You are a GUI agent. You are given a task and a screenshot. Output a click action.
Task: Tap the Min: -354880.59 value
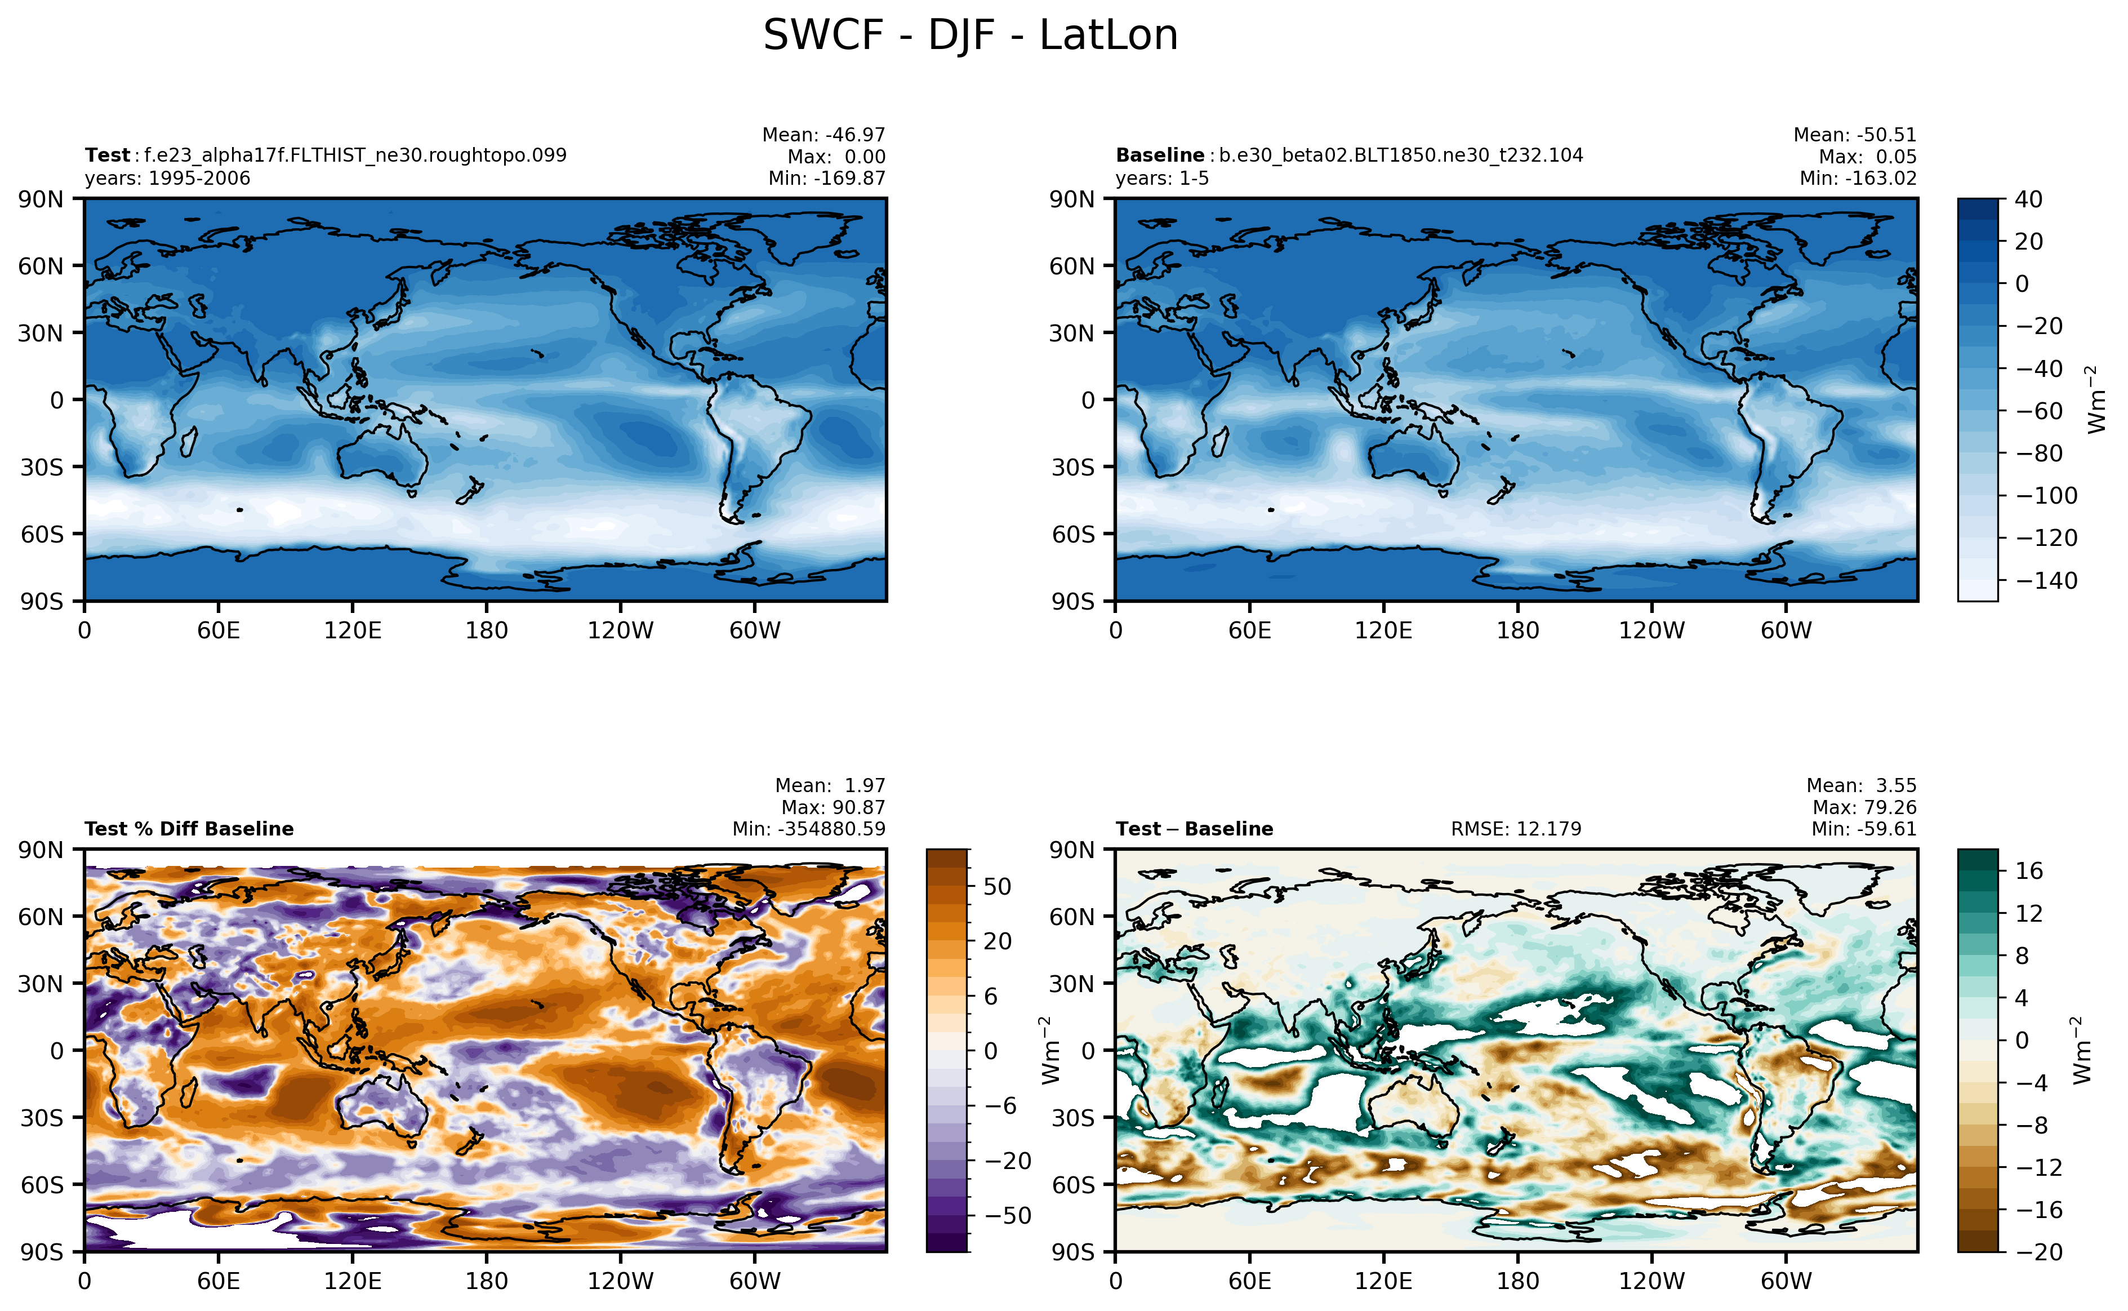[x=809, y=829]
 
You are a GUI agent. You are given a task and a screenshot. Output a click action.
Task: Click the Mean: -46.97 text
[x=823, y=135]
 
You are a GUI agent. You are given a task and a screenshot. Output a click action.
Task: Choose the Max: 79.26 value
[x=1864, y=807]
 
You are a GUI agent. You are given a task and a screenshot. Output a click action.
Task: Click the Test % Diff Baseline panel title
[x=189, y=829]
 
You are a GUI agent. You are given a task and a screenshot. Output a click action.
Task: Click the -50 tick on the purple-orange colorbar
[x=1007, y=1216]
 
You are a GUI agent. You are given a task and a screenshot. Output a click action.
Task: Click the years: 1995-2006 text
[x=167, y=179]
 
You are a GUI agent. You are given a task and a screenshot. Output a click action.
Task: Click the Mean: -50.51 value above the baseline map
[x=1854, y=135]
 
